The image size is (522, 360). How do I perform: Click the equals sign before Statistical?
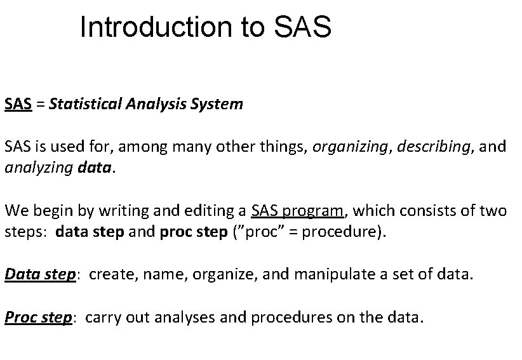[41, 104]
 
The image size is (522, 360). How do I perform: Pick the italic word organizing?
[346, 147]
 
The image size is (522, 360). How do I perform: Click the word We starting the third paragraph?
[16, 211]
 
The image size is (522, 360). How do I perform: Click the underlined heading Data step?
[40, 274]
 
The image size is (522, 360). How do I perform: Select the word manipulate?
[332, 274]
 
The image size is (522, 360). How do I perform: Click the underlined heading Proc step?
[39, 317]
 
